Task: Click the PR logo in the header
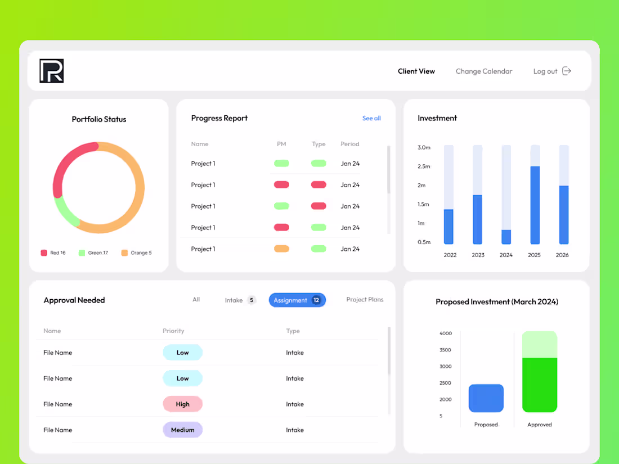tap(52, 71)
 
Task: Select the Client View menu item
tap(416, 71)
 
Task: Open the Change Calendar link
tap(484, 71)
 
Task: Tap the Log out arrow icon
tap(567, 71)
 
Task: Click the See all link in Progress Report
tap(371, 118)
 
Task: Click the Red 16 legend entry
tap(53, 253)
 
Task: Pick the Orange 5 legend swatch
tap(124, 253)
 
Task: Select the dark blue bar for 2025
tap(535, 205)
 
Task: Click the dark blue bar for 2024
tap(506, 237)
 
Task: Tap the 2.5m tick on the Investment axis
tap(424, 166)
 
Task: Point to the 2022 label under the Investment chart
tap(450, 255)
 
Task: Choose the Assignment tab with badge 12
tap(297, 300)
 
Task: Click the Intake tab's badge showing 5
tap(252, 300)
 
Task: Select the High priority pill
tap(182, 404)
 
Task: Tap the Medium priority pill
tap(182, 430)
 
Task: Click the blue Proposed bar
tap(486, 398)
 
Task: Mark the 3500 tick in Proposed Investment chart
tap(446, 350)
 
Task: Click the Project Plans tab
tap(365, 300)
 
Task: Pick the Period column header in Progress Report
tap(349, 144)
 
